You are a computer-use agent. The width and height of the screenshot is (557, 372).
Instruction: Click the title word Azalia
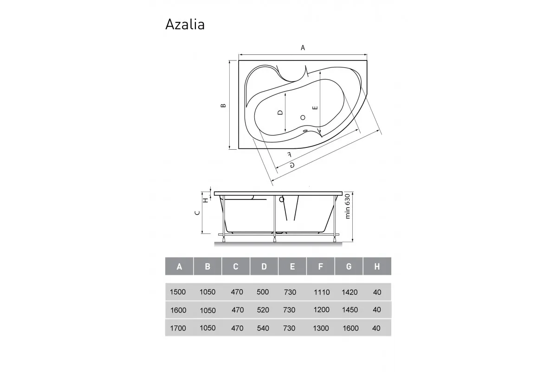point(185,24)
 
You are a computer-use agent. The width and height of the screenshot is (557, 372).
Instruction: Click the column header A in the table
point(179,266)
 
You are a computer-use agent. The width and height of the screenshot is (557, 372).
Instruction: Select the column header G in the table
point(349,266)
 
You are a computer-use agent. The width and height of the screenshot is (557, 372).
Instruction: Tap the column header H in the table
point(377,266)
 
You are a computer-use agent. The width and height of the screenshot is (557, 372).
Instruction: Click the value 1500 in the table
point(178,292)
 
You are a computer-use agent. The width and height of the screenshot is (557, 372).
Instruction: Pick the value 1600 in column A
point(178,310)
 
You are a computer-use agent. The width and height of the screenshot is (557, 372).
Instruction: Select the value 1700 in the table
point(178,328)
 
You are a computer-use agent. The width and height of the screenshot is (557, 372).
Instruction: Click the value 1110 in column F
point(321,292)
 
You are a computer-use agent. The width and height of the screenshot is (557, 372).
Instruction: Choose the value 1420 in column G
point(350,292)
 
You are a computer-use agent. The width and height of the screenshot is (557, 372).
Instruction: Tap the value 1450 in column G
point(350,310)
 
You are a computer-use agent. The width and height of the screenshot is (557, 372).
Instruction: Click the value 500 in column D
point(263,292)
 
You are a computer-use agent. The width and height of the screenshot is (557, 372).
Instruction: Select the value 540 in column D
point(263,328)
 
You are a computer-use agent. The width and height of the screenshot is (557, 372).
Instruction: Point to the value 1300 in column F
point(321,328)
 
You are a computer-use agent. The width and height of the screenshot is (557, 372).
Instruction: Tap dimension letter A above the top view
point(303,47)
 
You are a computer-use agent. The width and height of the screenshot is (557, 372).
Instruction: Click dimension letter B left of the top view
point(223,106)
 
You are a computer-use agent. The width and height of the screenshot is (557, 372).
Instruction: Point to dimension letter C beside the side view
point(197,213)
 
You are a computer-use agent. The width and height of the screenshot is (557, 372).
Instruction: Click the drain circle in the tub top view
point(303,118)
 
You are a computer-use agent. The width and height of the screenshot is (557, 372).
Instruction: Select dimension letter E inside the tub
point(315,108)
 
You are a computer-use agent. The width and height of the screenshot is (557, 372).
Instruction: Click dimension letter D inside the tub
point(280,113)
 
